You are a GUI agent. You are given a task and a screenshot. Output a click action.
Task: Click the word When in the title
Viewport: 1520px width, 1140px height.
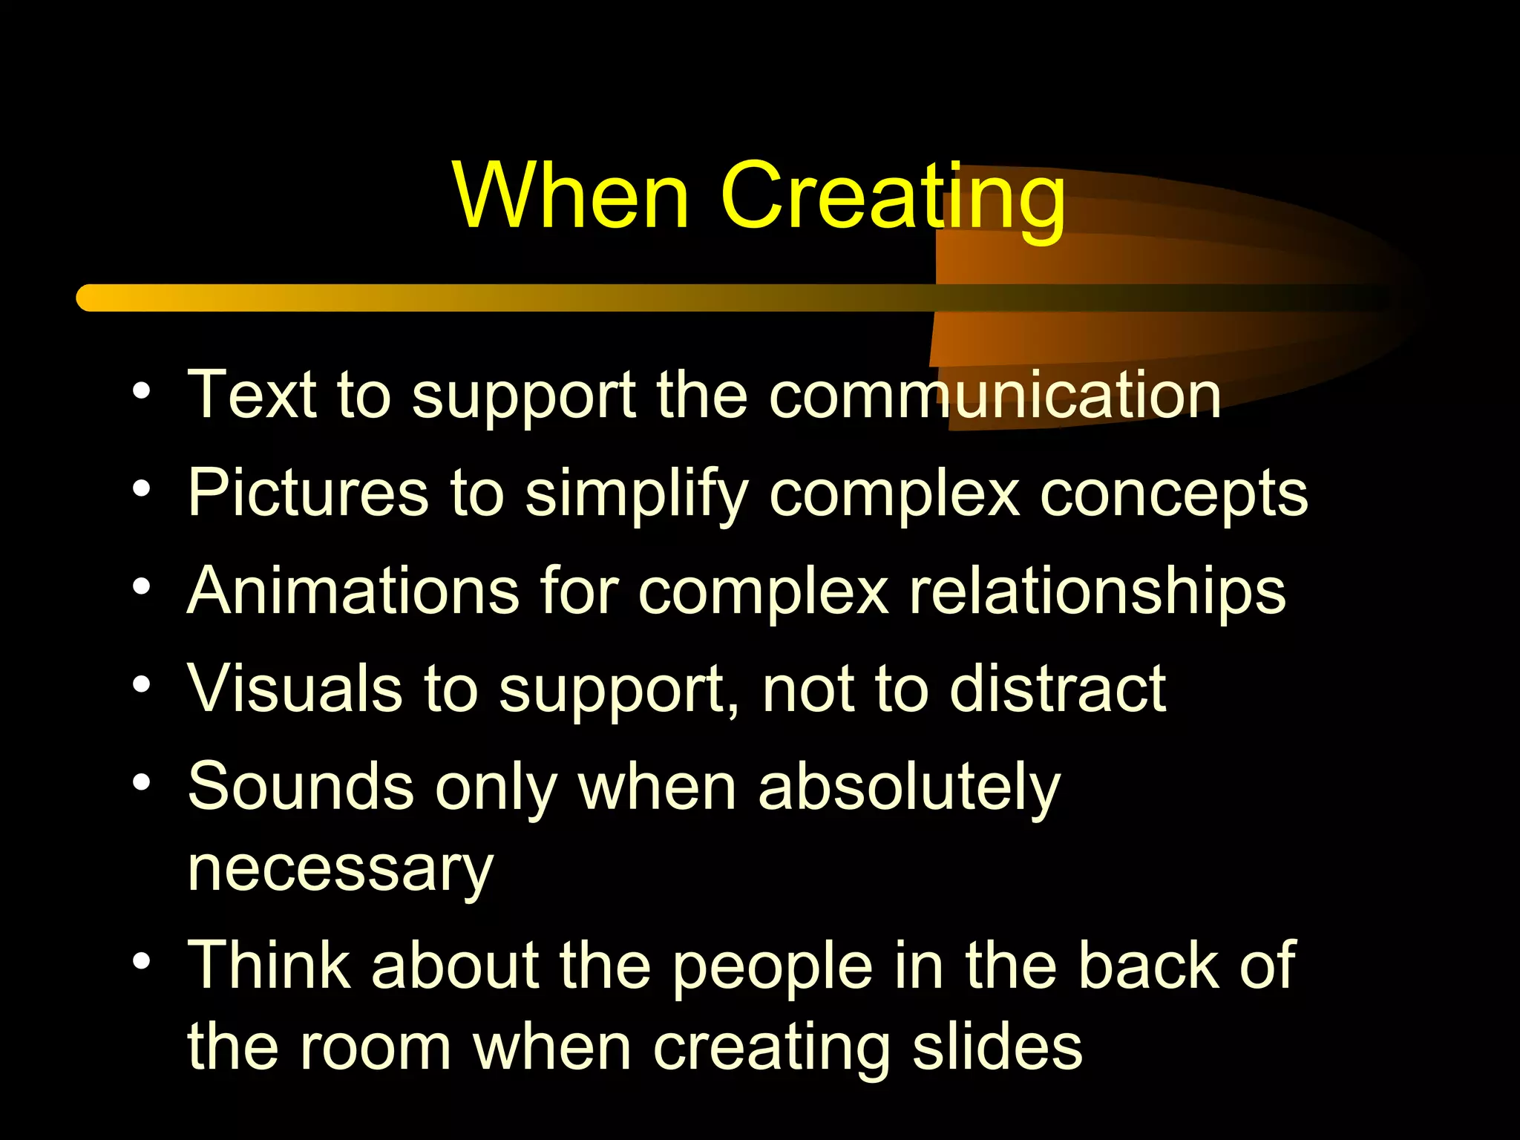[571, 196]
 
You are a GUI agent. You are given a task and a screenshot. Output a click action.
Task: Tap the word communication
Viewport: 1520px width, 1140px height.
[995, 395]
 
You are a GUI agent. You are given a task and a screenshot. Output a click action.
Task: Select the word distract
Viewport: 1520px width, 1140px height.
[1058, 689]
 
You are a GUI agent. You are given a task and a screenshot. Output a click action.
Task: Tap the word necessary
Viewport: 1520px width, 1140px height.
[340, 870]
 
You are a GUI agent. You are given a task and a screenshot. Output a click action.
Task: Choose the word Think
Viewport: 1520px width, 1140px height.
[269, 965]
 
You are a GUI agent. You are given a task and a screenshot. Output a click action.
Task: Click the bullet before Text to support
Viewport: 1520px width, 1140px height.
[142, 390]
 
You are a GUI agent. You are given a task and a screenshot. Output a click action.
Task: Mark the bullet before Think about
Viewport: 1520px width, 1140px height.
[142, 962]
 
